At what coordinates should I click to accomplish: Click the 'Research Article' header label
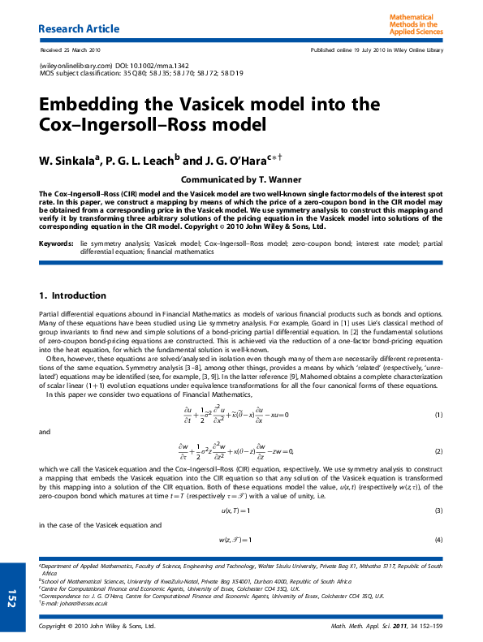click(x=79, y=29)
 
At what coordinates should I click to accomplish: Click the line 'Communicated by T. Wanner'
click(x=241, y=179)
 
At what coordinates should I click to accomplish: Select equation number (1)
click(x=438, y=415)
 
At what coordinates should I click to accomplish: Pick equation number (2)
click(x=438, y=450)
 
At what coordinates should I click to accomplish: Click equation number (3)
click(x=438, y=510)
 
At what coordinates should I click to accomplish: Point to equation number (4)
click(x=438, y=540)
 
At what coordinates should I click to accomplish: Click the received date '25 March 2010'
click(x=84, y=50)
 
